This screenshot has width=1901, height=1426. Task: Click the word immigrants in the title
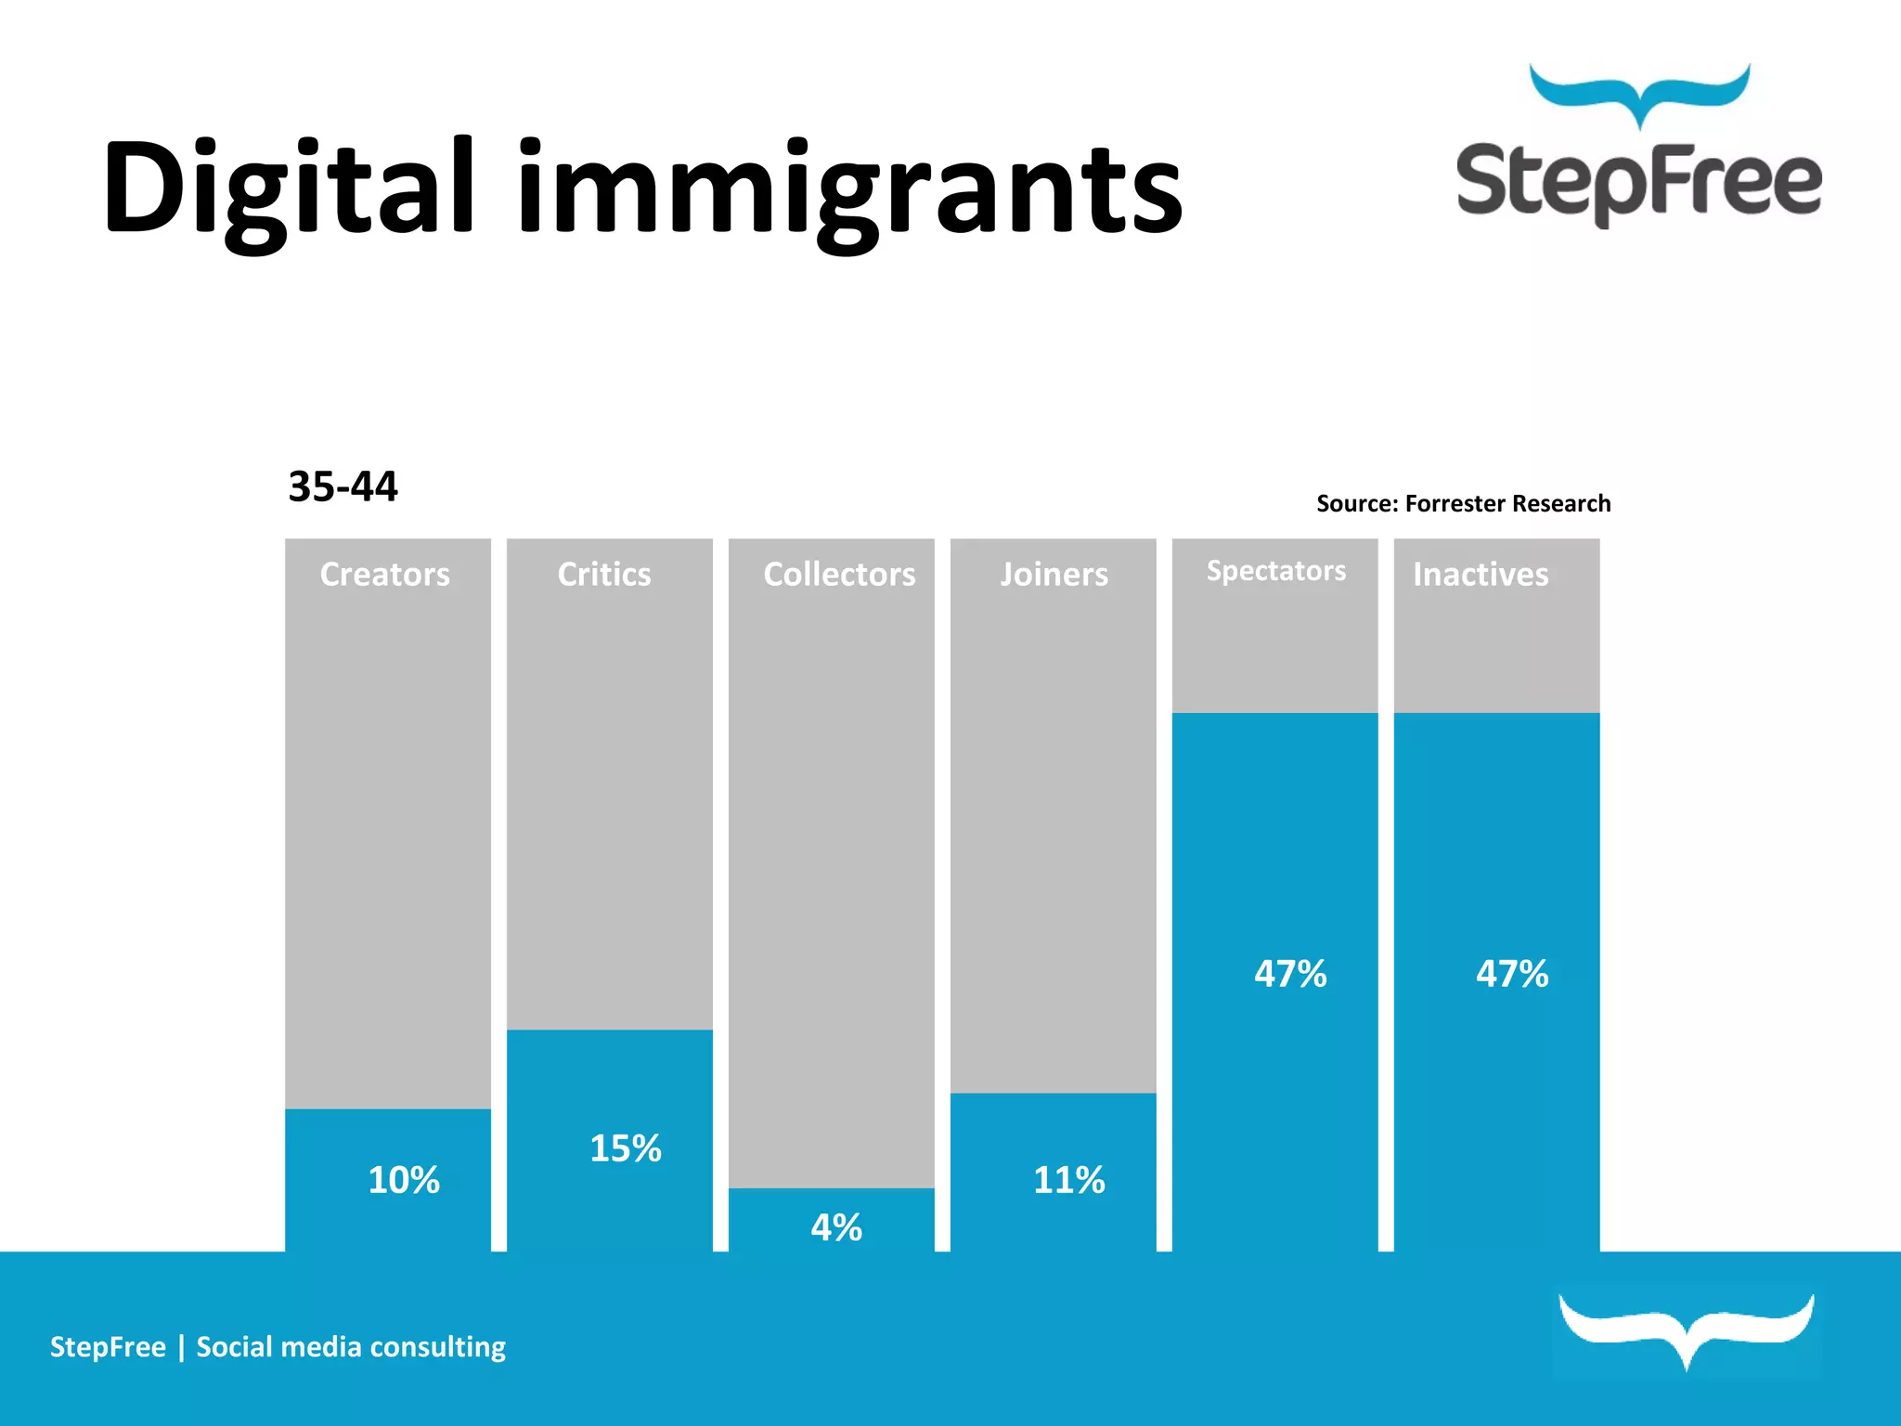tap(849, 190)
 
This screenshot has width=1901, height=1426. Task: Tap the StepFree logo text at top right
tap(1638, 181)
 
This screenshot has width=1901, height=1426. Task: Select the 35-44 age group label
tap(343, 486)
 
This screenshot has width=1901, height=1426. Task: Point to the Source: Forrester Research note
tap(1463, 503)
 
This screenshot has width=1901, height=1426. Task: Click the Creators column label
tap(385, 575)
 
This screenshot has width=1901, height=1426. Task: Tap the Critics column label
tap(604, 575)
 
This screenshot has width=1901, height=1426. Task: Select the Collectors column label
tap(839, 575)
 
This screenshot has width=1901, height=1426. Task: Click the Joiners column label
tap(1054, 575)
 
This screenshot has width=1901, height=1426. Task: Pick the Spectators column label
tap(1275, 571)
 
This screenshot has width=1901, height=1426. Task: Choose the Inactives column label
tap(1481, 575)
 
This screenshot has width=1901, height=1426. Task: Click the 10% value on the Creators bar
tap(404, 1180)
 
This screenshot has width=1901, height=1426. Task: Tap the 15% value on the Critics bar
tap(626, 1148)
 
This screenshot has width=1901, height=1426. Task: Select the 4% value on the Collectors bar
tap(836, 1227)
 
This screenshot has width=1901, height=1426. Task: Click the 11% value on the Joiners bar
tap(1069, 1180)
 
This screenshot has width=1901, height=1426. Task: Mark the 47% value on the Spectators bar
tap(1290, 974)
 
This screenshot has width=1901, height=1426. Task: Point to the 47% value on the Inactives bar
tap(1512, 974)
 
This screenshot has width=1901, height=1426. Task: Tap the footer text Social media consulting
tap(351, 1347)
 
